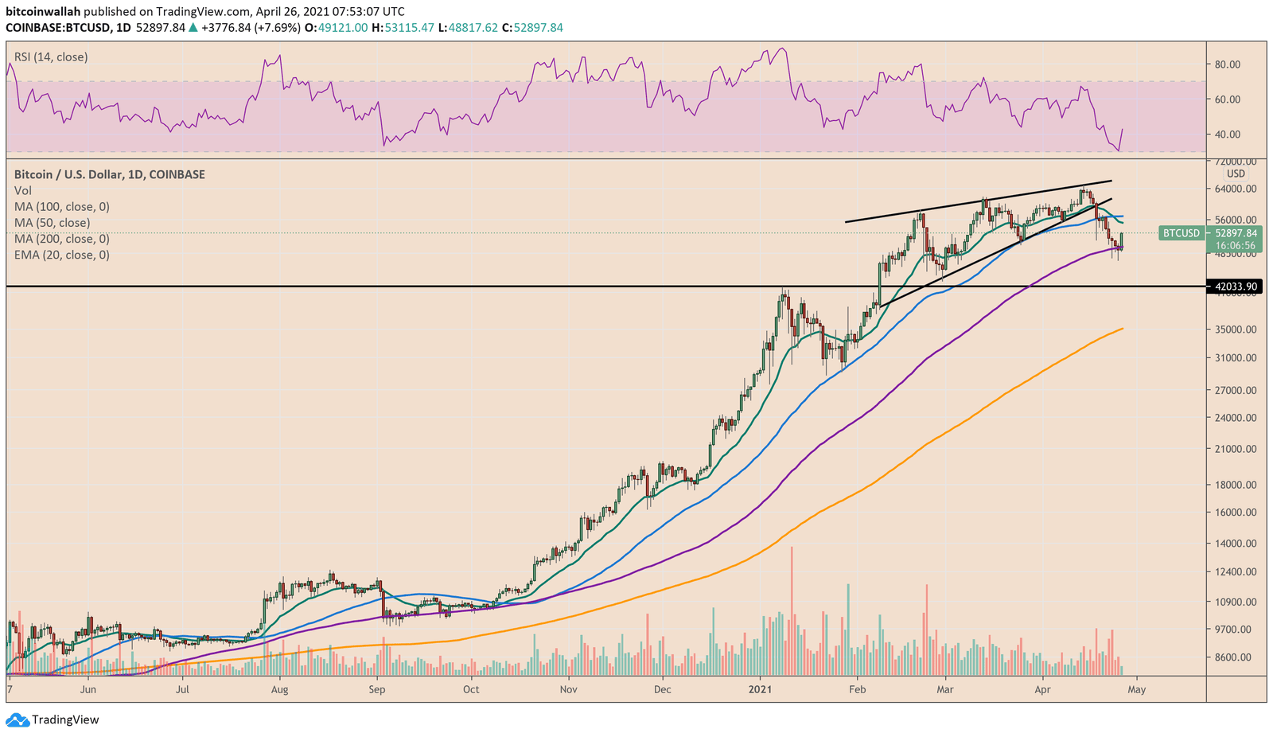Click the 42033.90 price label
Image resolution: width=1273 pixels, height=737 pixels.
pos(1234,287)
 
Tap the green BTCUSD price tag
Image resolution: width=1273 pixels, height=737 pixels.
pos(1181,233)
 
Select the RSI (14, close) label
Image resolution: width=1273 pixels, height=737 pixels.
pos(51,57)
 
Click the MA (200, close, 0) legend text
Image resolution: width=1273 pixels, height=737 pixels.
pos(62,239)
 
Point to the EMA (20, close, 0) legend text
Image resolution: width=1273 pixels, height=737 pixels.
pos(62,255)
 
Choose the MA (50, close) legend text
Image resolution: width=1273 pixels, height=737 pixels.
pos(52,223)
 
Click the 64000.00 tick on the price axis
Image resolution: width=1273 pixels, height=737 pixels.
pos(1236,189)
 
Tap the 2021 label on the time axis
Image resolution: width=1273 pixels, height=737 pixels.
pos(761,689)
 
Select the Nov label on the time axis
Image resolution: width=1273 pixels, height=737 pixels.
pos(568,689)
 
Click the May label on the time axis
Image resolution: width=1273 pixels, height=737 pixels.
pos(1136,689)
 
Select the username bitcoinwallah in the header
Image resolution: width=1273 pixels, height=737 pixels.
pos(44,12)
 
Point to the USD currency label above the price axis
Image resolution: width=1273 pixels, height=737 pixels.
pos(1236,174)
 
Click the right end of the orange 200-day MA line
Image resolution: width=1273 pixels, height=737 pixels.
pos(1122,329)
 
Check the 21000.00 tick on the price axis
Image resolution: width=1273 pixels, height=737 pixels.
pos(1236,449)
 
